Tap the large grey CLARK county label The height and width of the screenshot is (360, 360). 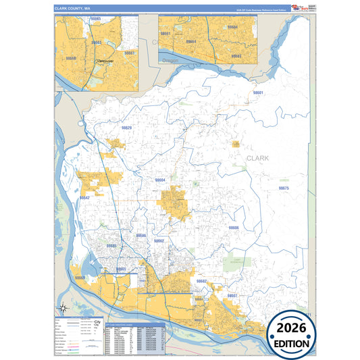(257, 158)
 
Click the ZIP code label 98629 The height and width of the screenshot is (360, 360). (126, 128)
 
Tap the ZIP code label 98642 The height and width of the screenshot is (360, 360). (84, 198)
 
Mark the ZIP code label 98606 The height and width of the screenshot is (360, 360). (234, 228)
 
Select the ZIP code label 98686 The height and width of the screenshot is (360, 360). (140, 236)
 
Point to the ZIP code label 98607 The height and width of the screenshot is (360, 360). (232, 296)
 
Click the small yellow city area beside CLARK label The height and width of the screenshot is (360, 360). (236, 144)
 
